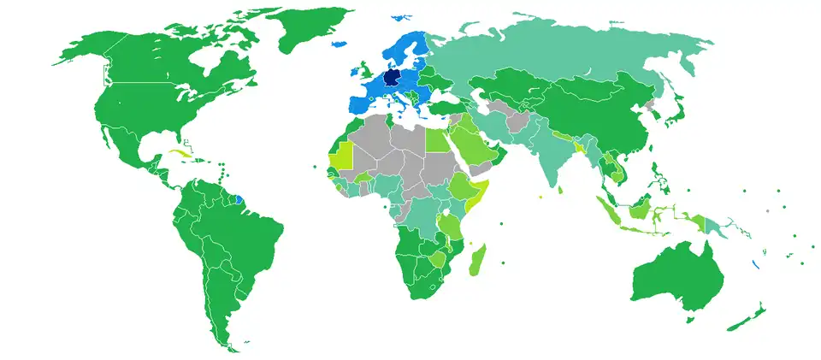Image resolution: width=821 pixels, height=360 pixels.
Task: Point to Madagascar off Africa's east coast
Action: click(x=477, y=262)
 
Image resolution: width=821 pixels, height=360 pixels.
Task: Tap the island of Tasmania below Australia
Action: click(x=691, y=318)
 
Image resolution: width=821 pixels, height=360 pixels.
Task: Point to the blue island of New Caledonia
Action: click(x=753, y=264)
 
